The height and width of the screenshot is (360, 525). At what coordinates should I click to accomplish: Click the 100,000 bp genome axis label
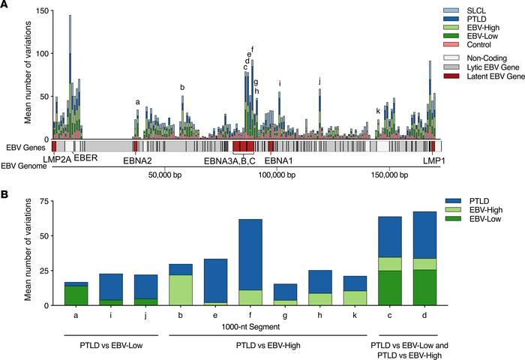[274, 175]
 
